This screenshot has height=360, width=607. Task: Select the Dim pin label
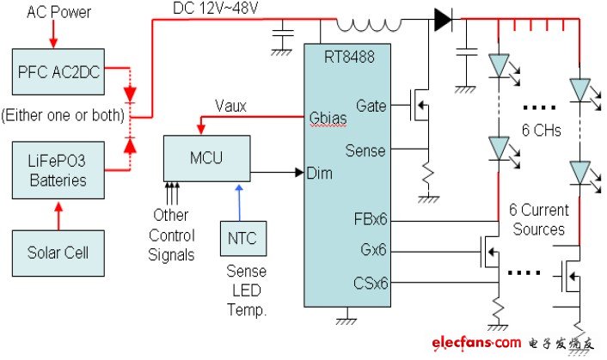[320, 173]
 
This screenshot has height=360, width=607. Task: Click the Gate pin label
[371, 107]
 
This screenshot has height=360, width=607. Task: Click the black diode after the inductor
[444, 20]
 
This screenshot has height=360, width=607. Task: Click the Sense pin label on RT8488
[365, 151]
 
